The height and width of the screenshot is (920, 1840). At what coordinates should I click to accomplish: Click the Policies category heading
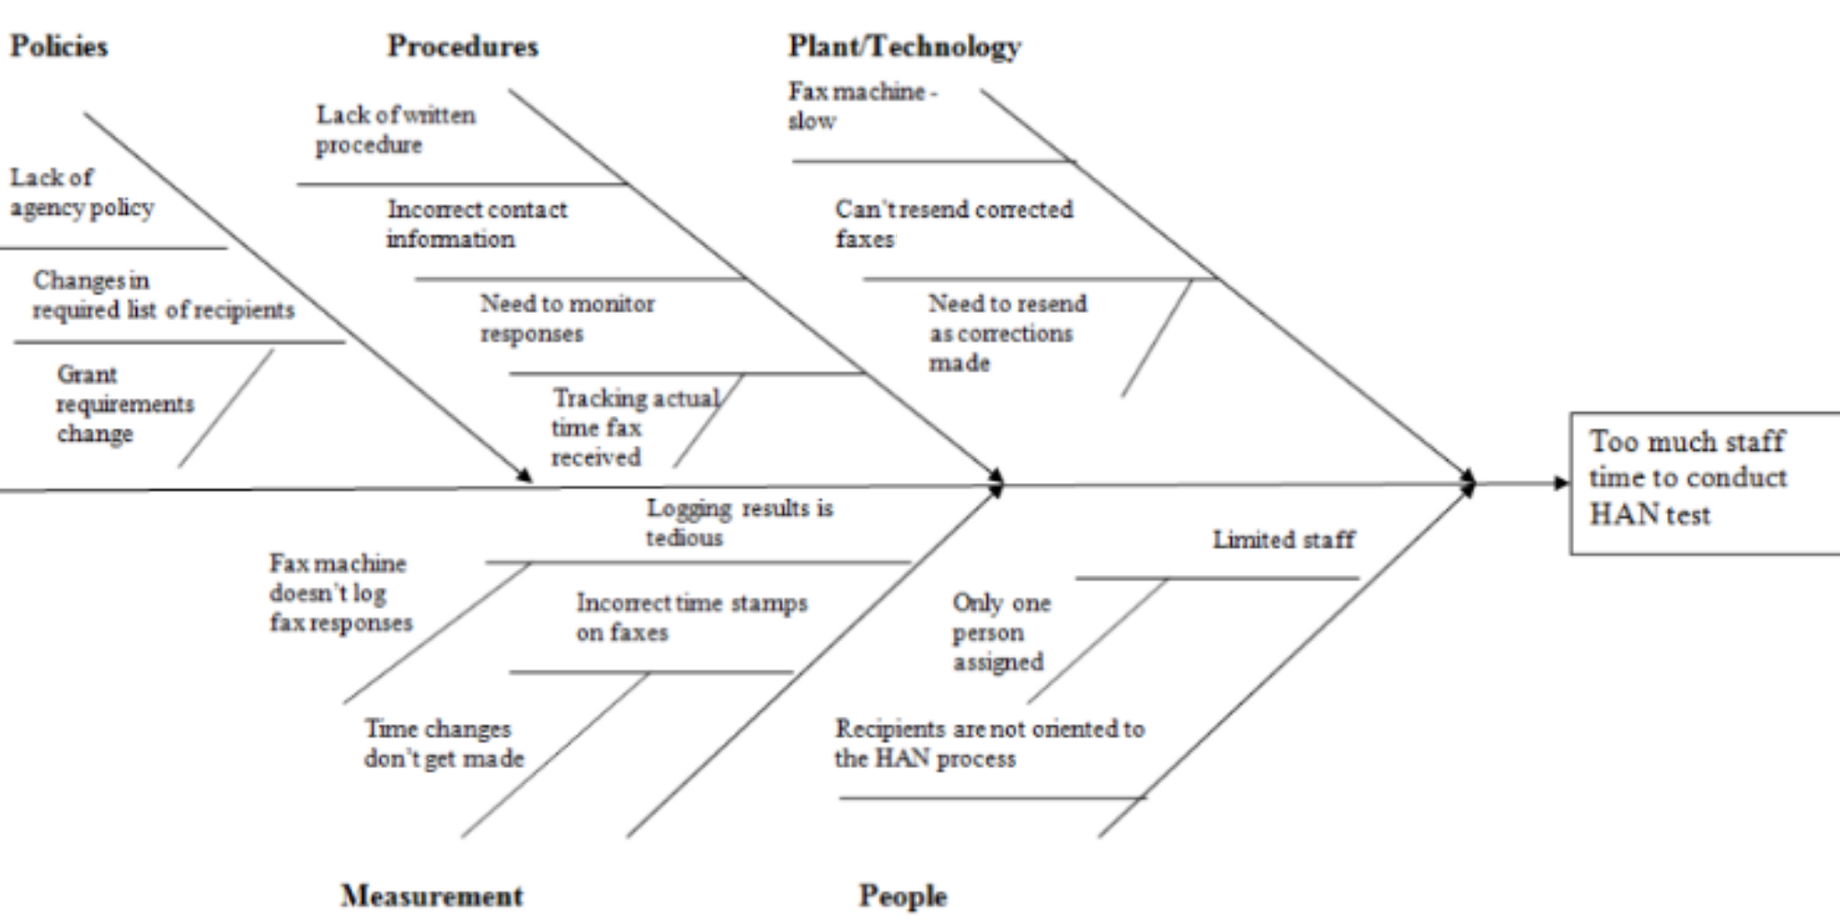(x=59, y=46)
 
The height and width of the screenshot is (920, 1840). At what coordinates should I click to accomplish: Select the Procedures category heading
(x=463, y=46)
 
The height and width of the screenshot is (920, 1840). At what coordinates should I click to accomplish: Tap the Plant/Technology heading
(x=904, y=46)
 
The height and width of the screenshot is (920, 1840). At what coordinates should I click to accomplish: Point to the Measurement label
(x=432, y=895)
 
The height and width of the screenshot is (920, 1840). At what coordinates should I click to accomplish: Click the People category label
(x=903, y=895)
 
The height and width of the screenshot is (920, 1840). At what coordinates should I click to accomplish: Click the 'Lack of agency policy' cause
(x=81, y=192)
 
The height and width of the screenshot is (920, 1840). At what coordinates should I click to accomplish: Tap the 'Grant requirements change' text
(x=124, y=404)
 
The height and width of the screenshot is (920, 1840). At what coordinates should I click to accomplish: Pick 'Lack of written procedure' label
(x=396, y=130)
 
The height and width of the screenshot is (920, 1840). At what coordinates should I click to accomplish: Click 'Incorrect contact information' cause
(x=476, y=224)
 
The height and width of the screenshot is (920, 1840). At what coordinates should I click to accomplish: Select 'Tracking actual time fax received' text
(x=635, y=427)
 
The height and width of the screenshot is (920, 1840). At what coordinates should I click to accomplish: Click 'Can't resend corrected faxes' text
(x=953, y=224)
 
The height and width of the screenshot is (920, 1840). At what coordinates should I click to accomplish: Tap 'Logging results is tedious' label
(x=739, y=522)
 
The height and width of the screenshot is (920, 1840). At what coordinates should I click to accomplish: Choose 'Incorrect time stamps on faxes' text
(x=691, y=617)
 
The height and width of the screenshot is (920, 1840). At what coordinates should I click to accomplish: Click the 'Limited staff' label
(x=1283, y=539)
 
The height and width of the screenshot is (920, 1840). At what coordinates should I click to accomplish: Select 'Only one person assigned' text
(x=1000, y=632)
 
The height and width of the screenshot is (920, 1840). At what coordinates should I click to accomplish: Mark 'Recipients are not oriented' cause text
(x=989, y=743)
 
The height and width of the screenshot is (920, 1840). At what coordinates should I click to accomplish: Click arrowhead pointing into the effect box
(x=1560, y=483)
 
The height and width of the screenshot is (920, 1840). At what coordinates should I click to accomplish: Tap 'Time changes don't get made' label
(x=443, y=743)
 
